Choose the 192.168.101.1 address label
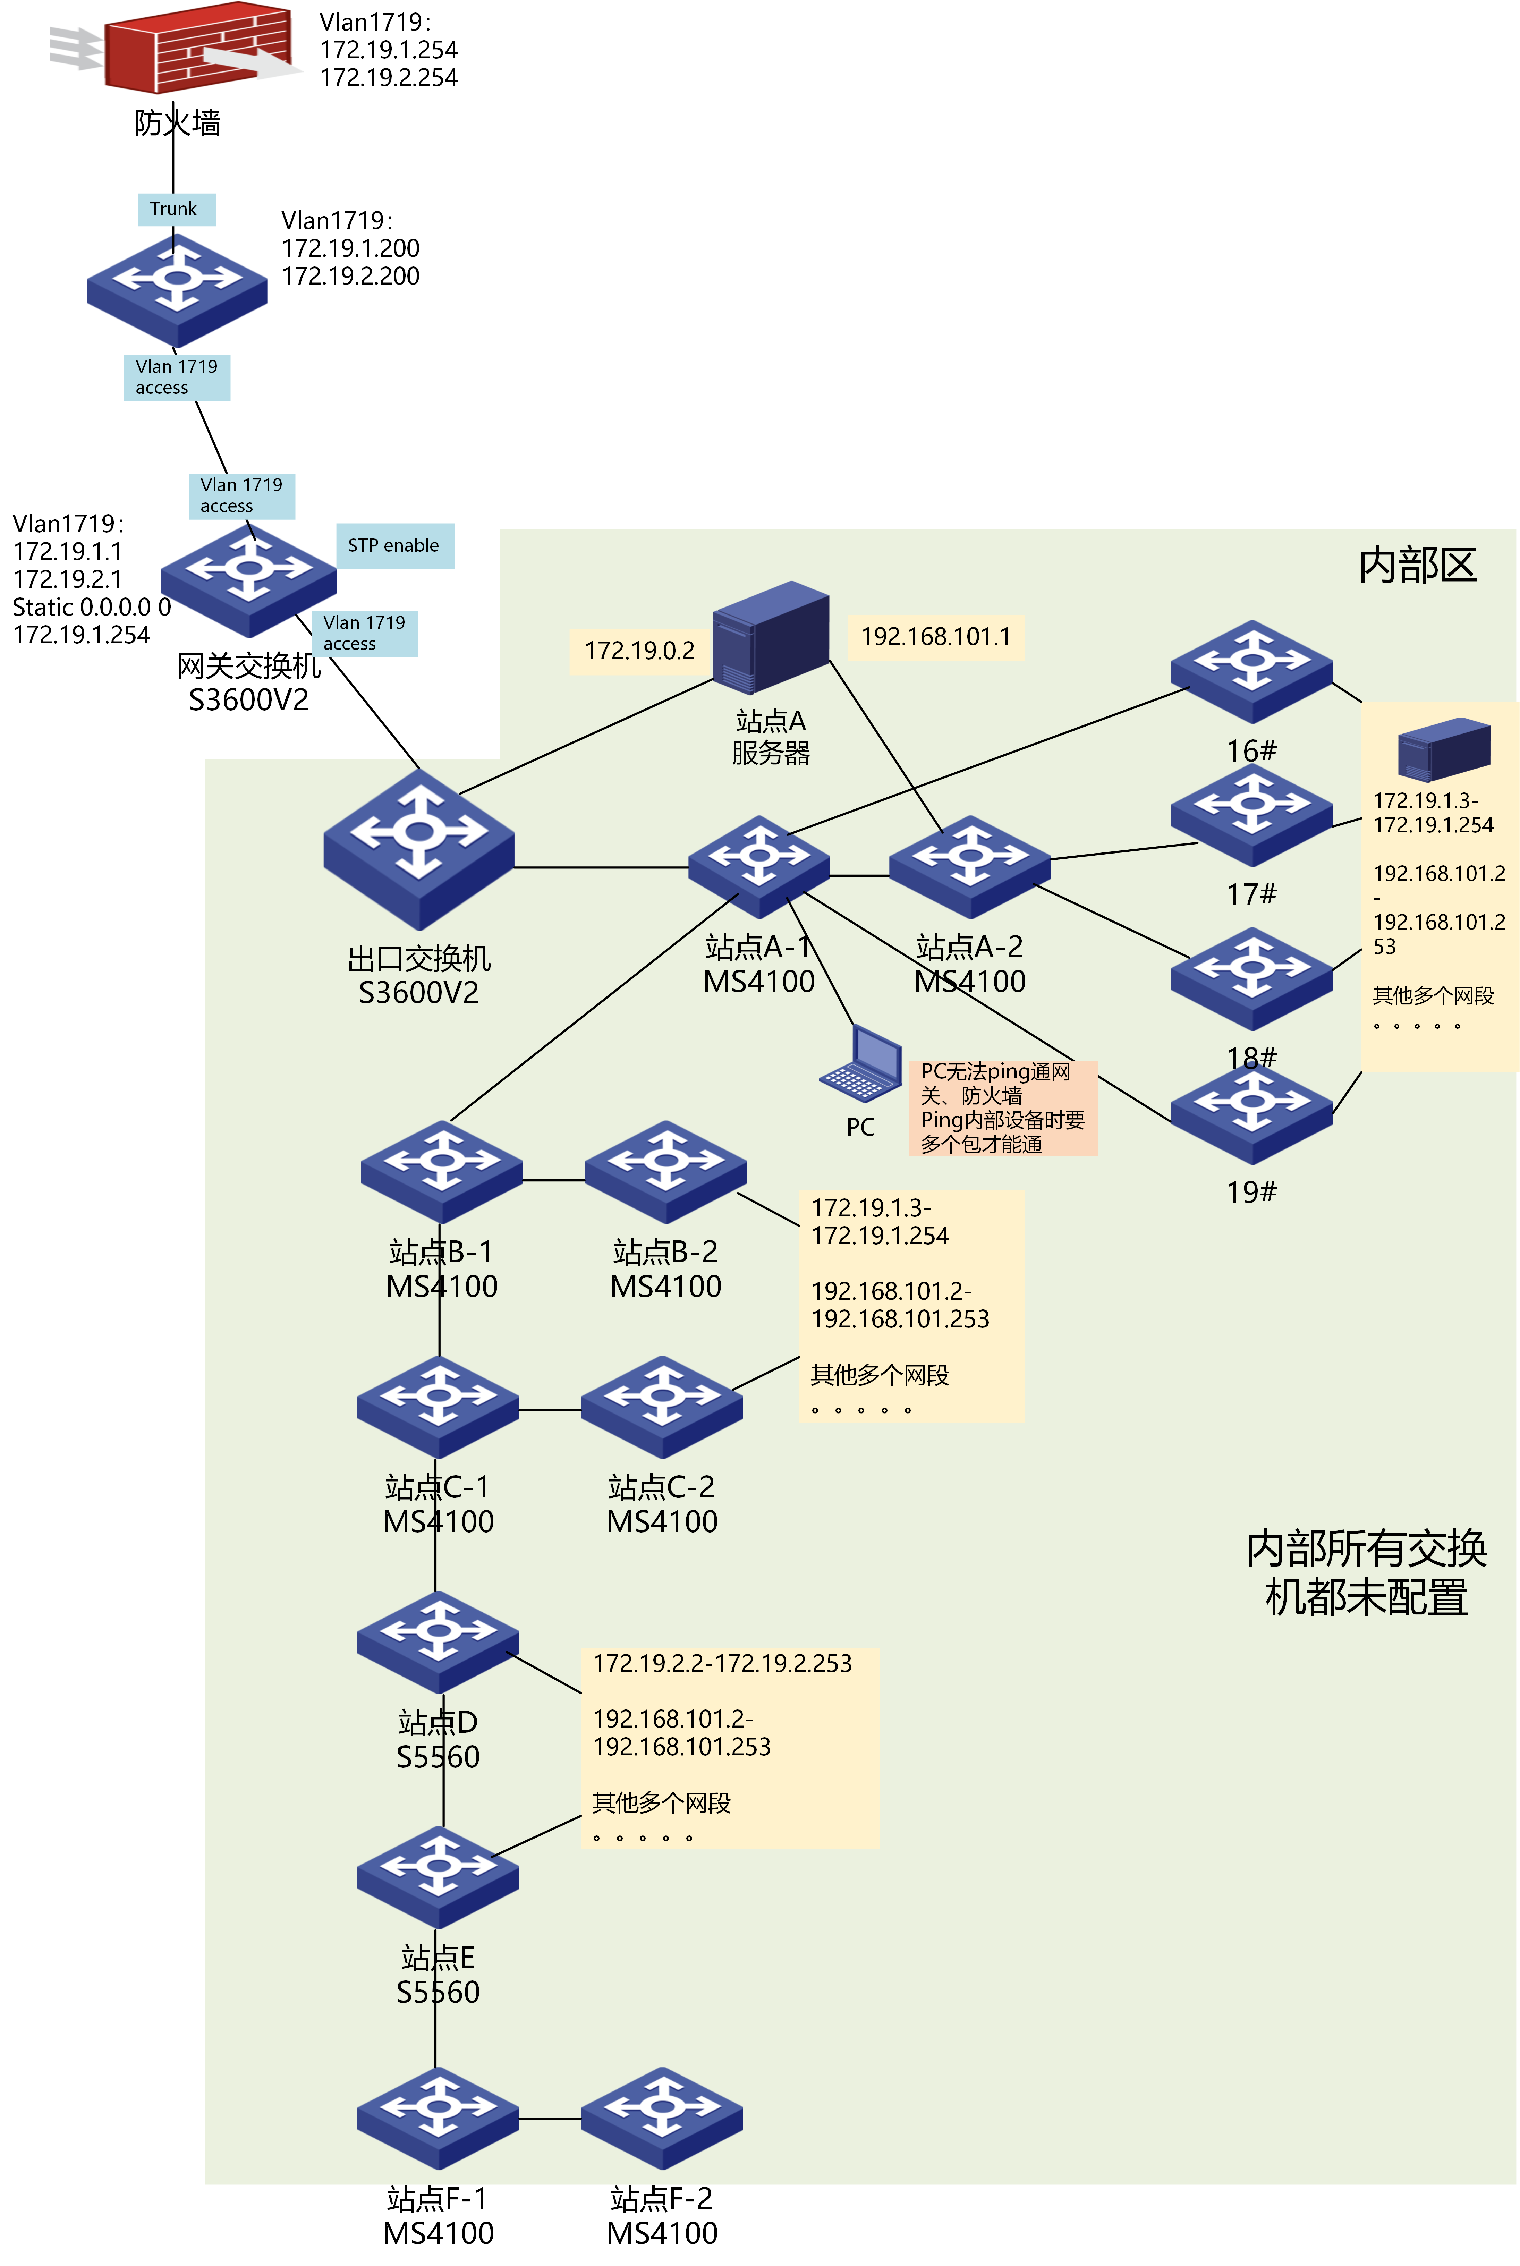click(x=935, y=637)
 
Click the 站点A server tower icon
click(x=771, y=638)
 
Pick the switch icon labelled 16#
click(x=1251, y=671)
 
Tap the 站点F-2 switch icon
click(x=662, y=2118)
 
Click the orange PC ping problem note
click(x=1002, y=1108)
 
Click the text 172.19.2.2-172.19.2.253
click(x=722, y=1663)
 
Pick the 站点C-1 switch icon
click(x=438, y=1406)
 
